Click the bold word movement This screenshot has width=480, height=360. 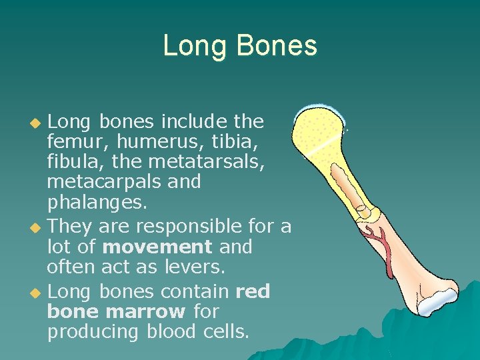pos(157,247)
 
